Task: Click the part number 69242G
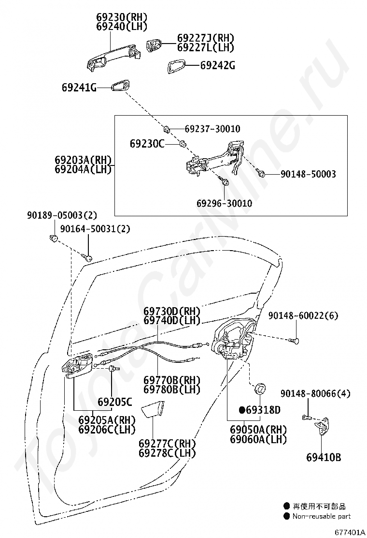tap(217, 65)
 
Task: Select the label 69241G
tap(79, 88)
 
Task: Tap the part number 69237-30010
tap(212, 129)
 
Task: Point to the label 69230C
tap(147, 144)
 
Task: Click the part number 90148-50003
tap(308, 174)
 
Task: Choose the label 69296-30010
tap(224, 204)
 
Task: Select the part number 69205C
tap(114, 402)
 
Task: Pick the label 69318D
tap(263, 410)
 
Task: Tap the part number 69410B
tap(324, 457)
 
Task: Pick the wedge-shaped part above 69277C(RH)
tap(154, 409)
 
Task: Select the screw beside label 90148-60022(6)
tap(294, 341)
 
